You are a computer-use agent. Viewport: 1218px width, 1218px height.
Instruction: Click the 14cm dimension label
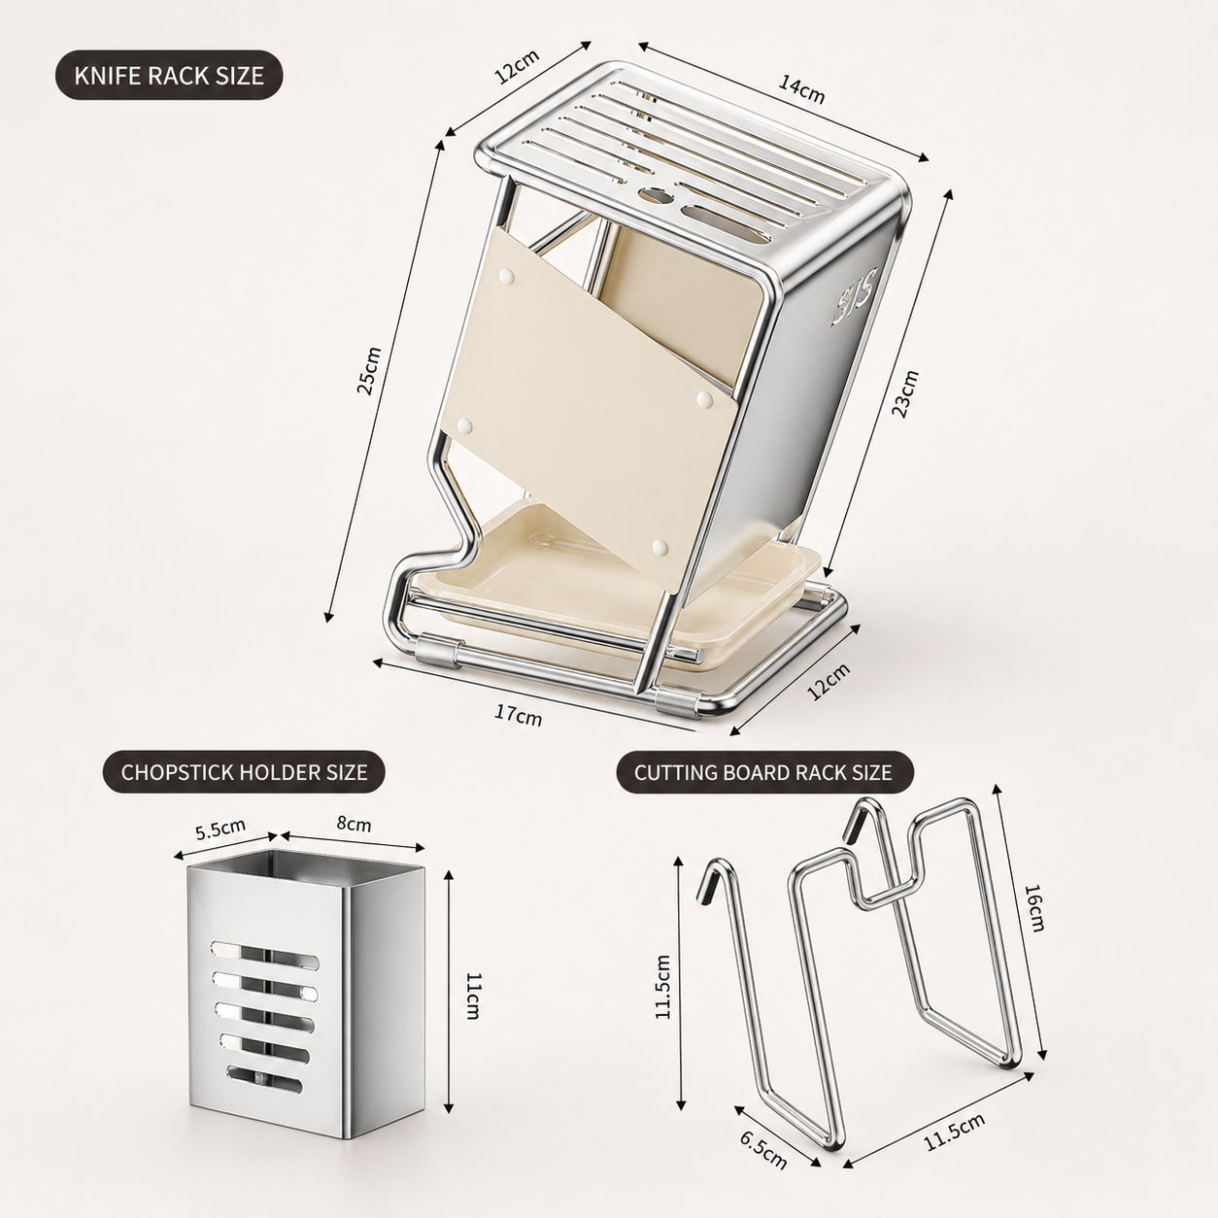(x=801, y=89)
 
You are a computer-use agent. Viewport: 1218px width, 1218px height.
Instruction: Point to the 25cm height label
(x=369, y=370)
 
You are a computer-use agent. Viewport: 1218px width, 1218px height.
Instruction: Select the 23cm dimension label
(x=904, y=393)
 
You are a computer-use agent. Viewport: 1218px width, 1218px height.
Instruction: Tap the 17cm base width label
(x=519, y=715)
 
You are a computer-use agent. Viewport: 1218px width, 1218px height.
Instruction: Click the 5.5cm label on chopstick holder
(x=220, y=829)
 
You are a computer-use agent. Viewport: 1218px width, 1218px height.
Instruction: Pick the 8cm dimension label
(x=354, y=825)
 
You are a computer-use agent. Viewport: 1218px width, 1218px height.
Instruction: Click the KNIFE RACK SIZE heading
(x=169, y=75)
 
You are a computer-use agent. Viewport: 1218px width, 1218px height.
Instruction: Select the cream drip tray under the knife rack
(x=615, y=583)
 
